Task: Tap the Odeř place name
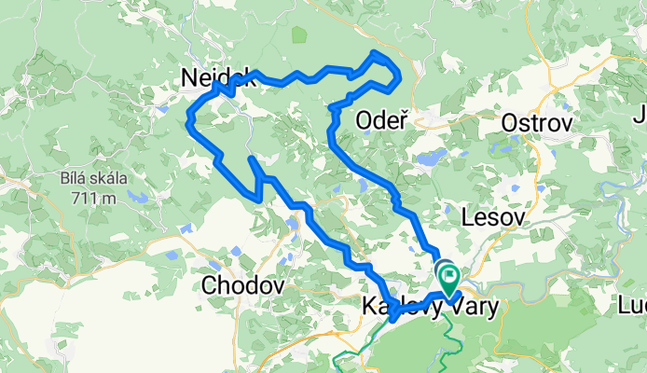point(384,120)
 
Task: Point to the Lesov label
point(493,217)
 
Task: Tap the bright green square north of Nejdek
point(298,35)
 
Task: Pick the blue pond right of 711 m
point(137,198)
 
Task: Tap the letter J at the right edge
point(640,117)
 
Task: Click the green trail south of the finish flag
point(447,322)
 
